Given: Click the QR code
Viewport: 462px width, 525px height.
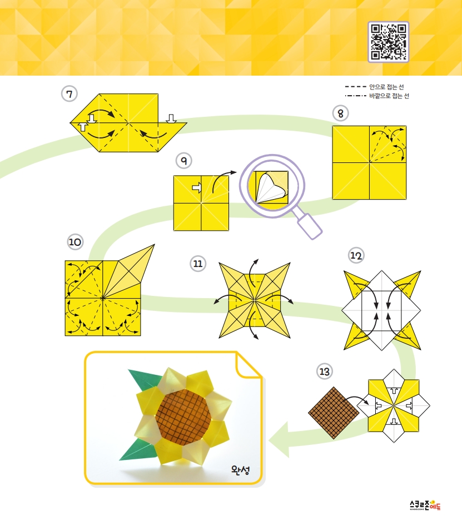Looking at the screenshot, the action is pos(389,42).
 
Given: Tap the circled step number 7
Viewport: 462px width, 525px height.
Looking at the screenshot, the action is pos(69,94).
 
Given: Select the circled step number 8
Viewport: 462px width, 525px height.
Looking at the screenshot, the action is pos(340,113).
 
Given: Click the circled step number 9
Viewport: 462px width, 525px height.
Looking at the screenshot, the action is pos(184,161).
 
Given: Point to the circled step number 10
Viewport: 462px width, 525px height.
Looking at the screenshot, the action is pos(75,242).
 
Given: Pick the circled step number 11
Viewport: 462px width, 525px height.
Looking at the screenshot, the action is pos(198,264).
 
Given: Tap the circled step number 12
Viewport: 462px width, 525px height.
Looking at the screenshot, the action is pos(356,255).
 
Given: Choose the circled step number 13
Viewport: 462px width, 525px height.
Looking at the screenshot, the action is pos(325,372).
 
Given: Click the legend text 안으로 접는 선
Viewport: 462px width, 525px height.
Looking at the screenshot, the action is pos(386,87).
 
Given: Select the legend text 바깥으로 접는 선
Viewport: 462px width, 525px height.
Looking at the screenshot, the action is pos(389,96).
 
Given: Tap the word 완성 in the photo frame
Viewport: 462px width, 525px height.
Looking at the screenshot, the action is pos(240,470).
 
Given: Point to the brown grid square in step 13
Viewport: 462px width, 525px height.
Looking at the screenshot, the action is pos(334,413).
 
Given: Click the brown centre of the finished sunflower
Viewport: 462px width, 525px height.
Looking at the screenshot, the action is pos(183,417).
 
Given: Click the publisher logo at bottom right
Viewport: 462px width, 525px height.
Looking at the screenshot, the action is pos(425,505).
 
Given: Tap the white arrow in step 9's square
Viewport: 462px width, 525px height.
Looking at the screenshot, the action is pos(197,187).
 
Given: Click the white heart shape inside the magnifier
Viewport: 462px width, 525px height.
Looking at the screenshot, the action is pos(270,188).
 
